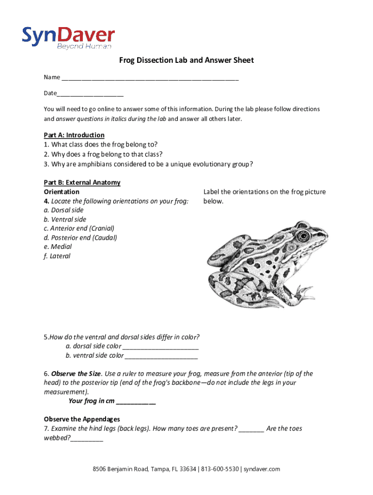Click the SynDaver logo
(68, 37)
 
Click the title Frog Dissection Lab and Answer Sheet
(186, 60)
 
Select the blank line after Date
(90, 94)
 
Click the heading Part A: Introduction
(74, 135)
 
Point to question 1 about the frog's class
(101, 144)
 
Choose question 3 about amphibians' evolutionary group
(148, 164)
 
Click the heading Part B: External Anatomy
(82, 182)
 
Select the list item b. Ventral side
(65, 219)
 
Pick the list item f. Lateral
(57, 256)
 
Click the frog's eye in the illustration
(303, 236)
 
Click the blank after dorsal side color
(161, 347)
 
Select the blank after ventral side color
(161, 356)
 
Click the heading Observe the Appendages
(82, 419)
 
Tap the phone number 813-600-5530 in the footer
(220, 469)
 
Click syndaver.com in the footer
(262, 469)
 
